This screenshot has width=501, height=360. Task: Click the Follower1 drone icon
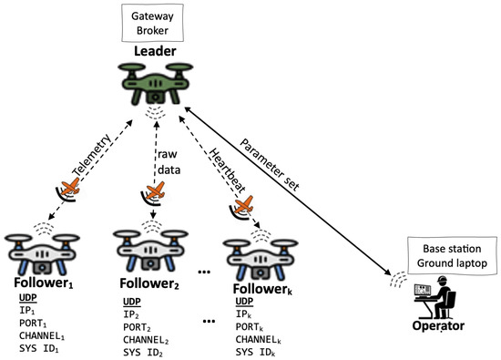37,251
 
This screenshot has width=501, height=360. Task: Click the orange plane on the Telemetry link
70,185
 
